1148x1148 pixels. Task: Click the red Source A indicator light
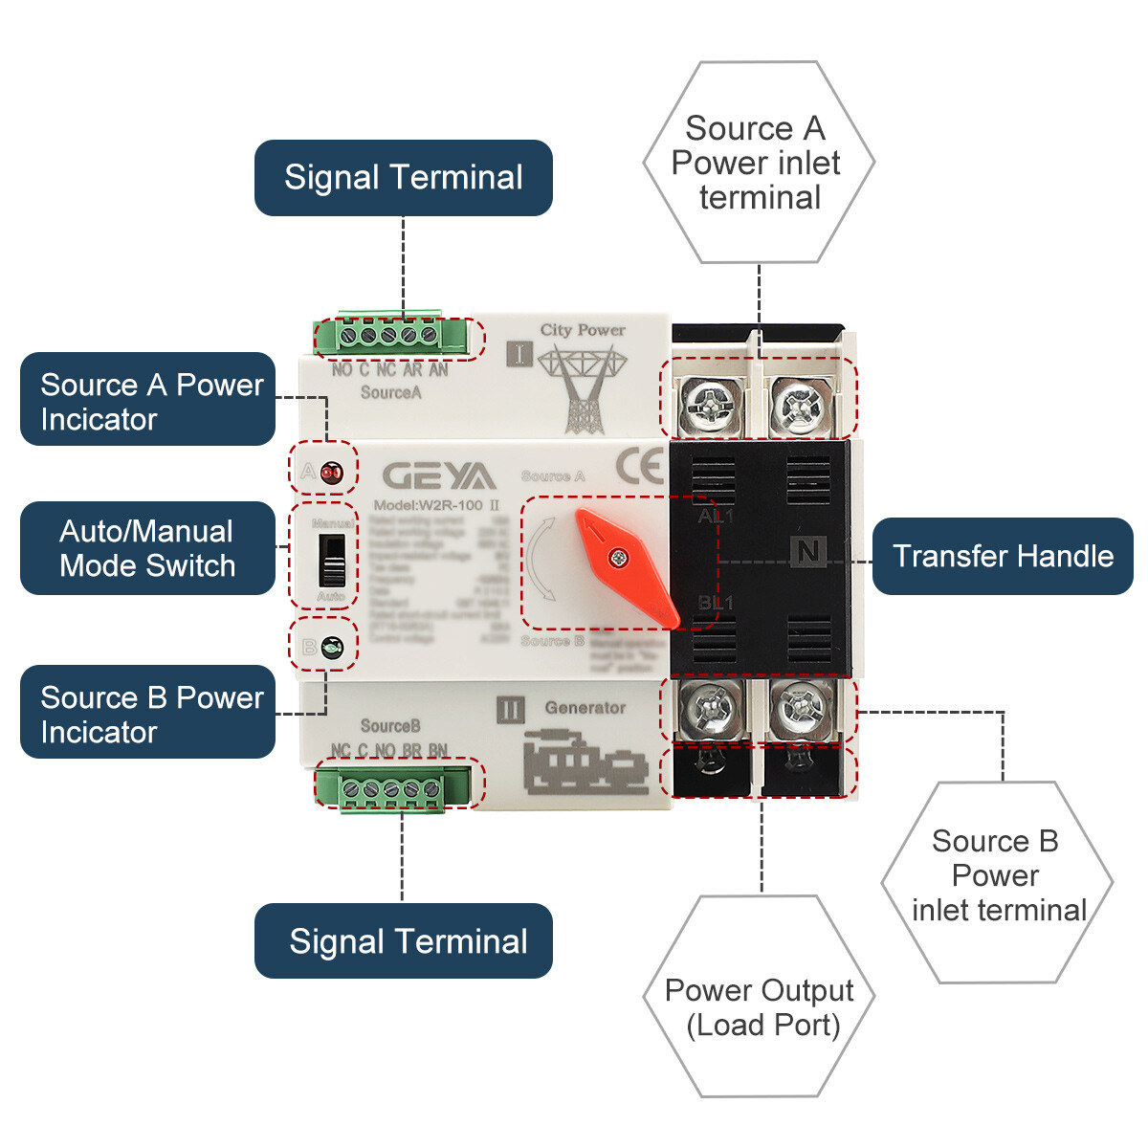[x=331, y=472]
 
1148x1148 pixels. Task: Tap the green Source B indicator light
[x=332, y=648]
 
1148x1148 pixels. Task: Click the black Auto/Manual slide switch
[x=332, y=560]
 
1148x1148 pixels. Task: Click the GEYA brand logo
[x=439, y=475]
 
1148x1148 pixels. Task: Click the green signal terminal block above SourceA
[x=392, y=336]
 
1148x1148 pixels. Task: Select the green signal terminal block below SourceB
[x=392, y=788]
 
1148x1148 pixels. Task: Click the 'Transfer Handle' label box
[x=1003, y=556]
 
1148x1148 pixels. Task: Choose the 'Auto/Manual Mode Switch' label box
[x=147, y=548]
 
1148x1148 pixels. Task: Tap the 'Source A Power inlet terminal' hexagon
[x=759, y=163]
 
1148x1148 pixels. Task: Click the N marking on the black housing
[x=808, y=551]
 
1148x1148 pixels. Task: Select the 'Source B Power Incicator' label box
[x=147, y=713]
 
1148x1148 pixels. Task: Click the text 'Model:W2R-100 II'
[x=436, y=505]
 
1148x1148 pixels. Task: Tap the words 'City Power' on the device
[x=583, y=330]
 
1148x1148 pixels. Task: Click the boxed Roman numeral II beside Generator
[x=511, y=710]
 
